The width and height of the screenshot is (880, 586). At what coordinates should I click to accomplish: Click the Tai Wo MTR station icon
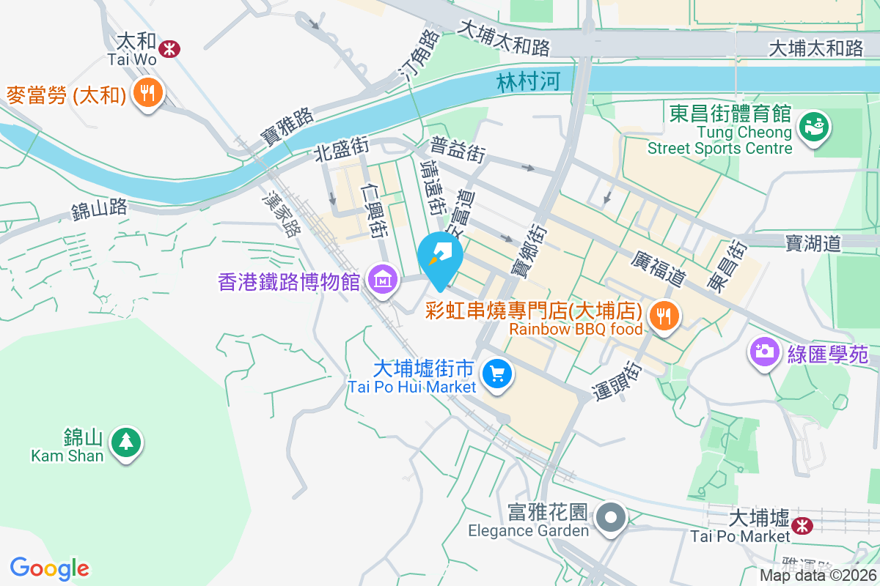tap(169, 49)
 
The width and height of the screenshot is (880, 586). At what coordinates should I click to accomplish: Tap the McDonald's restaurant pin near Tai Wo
tap(148, 93)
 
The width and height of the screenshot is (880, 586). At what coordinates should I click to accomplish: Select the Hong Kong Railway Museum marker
tap(383, 280)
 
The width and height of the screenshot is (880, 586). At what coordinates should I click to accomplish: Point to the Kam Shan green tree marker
tap(127, 442)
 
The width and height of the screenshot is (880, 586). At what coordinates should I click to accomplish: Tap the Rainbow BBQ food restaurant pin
tap(664, 316)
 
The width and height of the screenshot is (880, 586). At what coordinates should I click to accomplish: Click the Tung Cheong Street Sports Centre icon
tap(812, 126)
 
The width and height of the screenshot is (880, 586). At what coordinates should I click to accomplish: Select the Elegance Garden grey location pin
tap(610, 519)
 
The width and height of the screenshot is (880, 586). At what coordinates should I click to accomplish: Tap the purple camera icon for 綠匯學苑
tap(764, 351)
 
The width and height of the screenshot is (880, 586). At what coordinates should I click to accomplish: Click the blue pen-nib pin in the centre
tap(440, 256)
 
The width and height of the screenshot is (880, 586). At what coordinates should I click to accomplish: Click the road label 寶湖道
tap(812, 242)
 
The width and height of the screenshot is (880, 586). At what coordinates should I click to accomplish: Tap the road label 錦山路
tap(99, 209)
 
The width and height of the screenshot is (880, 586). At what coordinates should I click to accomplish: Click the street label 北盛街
tap(341, 150)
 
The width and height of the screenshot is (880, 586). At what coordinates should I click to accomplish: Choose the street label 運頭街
tap(615, 379)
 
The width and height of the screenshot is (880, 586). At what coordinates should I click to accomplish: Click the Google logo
tap(50, 568)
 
